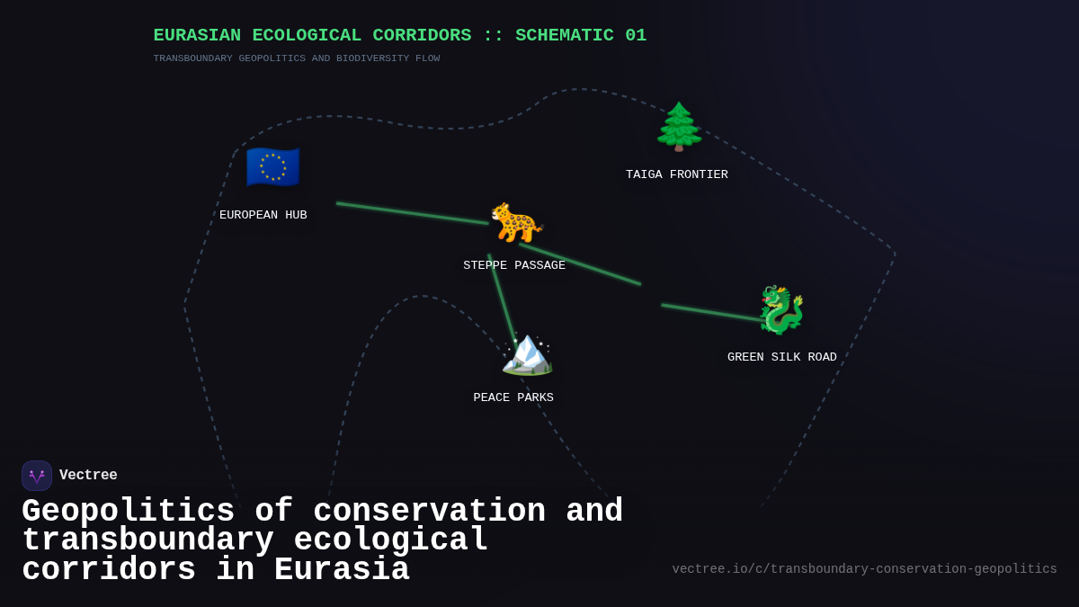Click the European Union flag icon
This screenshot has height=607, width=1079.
[272, 167]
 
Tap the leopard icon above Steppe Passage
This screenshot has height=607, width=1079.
[516, 222]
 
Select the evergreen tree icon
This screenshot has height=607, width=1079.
[679, 127]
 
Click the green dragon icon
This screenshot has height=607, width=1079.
[781, 310]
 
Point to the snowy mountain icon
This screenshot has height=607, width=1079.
[527, 352]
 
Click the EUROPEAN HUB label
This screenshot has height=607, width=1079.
[263, 216]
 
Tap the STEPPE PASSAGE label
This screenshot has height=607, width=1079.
[514, 266]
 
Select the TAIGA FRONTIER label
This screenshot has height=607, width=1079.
[677, 175]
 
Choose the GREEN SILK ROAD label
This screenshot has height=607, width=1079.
[782, 358]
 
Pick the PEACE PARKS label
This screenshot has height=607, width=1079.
[513, 398]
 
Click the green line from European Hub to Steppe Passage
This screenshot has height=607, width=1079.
[413, 214]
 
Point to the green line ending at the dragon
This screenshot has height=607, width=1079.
[712, 313]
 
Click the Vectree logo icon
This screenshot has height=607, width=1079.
[37, 476]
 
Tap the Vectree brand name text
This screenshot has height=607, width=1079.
[88, 476]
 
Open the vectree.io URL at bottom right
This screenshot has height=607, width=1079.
[864, 569]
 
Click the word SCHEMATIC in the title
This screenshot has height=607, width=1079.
[565, 36]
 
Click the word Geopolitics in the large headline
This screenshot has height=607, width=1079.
[128, 512]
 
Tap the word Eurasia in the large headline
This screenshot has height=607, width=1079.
[342, 570]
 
